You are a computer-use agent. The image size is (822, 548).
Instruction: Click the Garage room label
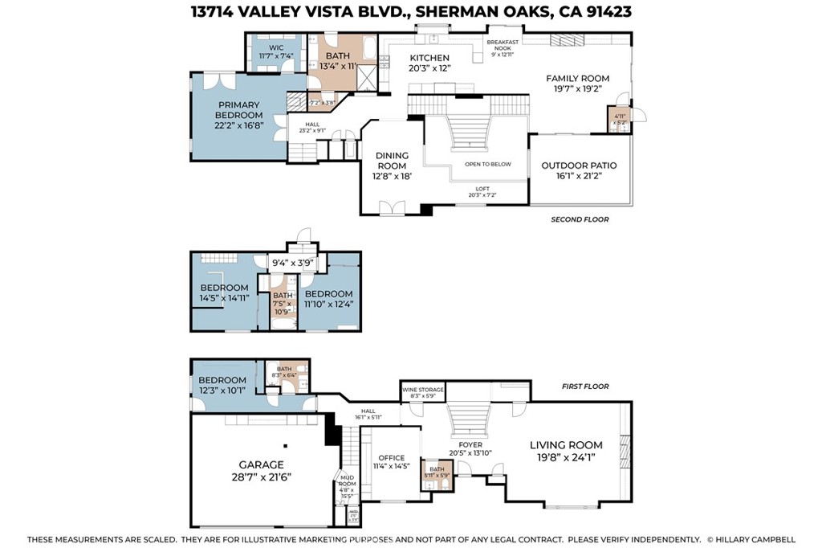(x=261, y=464)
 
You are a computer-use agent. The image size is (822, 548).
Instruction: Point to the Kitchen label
(x=429, y=58)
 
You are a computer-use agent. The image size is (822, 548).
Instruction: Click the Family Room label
(x=577, y=78)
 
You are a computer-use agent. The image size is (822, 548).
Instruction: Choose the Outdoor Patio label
(x=579, y=166)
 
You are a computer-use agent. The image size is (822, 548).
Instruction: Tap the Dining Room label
(x=393, y=161)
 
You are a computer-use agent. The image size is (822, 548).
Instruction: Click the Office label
(x=390, y=458)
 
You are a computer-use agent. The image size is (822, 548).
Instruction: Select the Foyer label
(x=470, y=444)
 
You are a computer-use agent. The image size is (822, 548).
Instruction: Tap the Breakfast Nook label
(x=503, y=44)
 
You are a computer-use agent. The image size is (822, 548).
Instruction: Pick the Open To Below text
(x=487, y=164)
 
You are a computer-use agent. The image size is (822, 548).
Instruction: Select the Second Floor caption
(x=580, y=219)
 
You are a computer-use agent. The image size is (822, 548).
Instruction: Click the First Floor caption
(x=585, y=386)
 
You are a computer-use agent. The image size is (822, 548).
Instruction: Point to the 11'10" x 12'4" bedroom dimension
(x=328, y=304)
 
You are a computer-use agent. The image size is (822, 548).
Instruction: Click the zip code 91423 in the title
(x=603, y=11)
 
